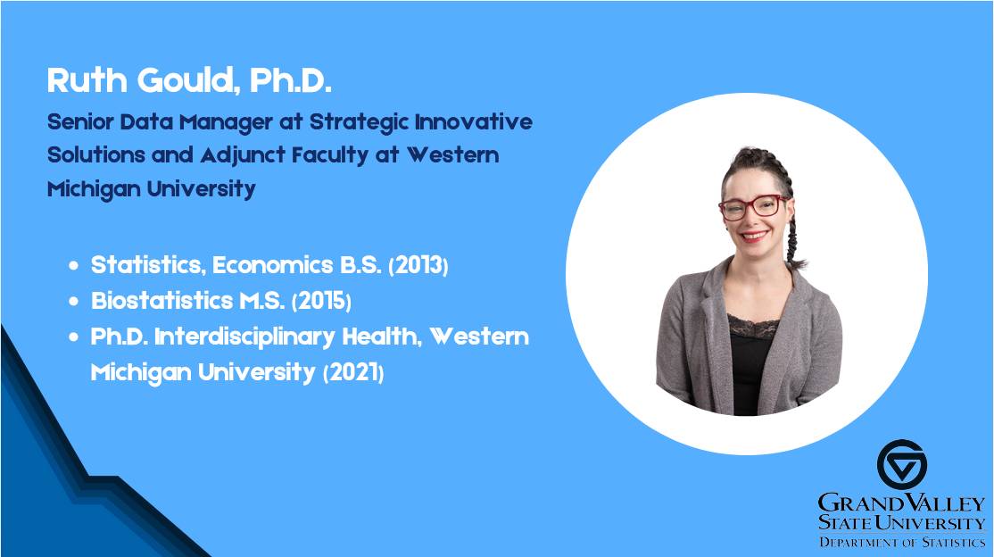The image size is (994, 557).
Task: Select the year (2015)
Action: coord(321,301)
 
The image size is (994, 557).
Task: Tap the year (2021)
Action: coord(353,372)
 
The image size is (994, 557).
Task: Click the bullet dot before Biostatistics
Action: coord(74,302)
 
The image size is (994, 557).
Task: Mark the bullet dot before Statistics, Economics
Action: coord(74,266)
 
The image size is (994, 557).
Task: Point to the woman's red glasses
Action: coord(754,207)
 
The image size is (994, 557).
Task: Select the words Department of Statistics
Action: coord(901,542)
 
